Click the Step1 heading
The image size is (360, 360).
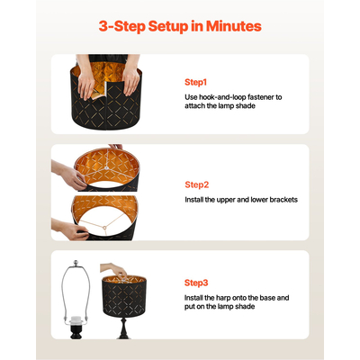point(195,82)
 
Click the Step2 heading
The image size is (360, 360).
point(196,184)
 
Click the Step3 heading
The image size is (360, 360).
point(196,283)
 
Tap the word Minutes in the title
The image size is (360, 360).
point(234,26)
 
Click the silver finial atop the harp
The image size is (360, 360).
point(76,263)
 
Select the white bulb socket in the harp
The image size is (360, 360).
point(76,319)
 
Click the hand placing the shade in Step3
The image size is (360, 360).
point(115,270)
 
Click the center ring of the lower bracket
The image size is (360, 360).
point(104,228)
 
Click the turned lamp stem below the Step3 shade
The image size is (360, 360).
point(123,328)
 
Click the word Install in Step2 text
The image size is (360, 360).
point(193,200)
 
